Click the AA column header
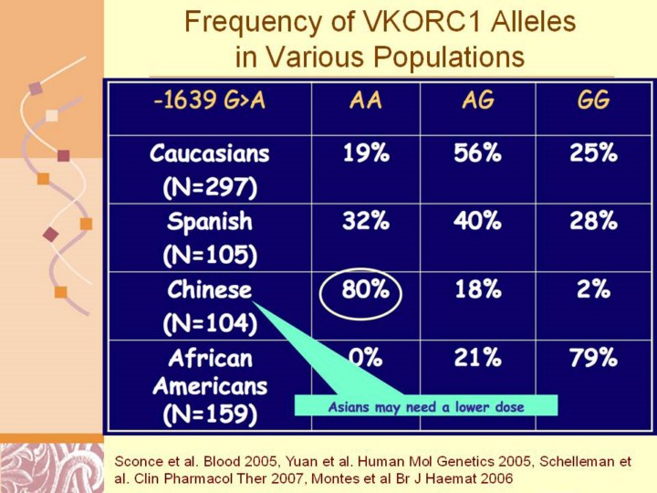tap(366, 100)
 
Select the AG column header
tap(478, 100)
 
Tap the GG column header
tap(593, 100)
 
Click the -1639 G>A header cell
tap(209, 100)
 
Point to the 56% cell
tap(478, 153)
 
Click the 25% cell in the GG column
tap(593, 153)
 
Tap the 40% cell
tap(478, 222)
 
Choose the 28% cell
tap(593, 222)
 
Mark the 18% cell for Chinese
tap(478, 291)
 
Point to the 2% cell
tap(593, 291)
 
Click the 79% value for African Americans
tap(593, 359)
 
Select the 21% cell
tap(478, 359)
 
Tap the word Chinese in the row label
tap(209, 290)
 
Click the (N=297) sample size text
tap(209, 188)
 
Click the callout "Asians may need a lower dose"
tap(426, 407)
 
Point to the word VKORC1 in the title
tap(394, 22)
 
